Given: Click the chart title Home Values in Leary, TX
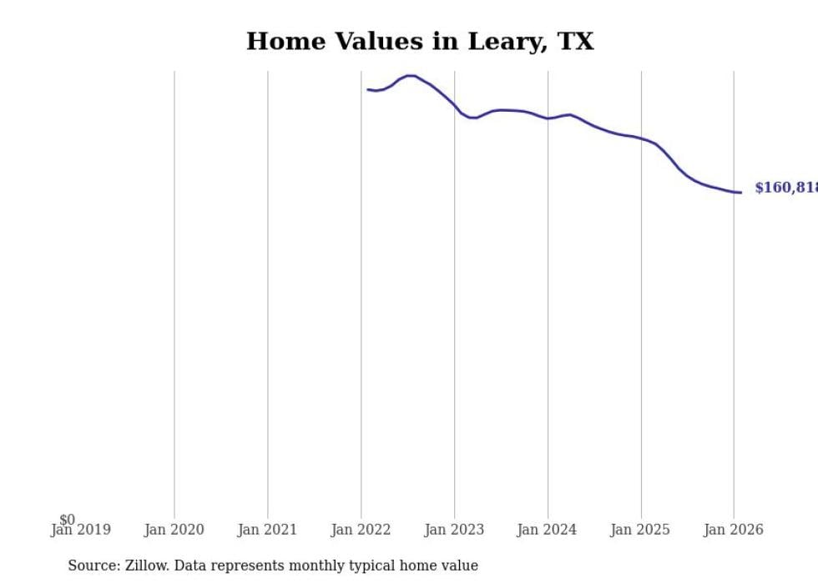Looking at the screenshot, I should tap(420, 42).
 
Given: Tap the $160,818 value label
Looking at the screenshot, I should tap(785, 188).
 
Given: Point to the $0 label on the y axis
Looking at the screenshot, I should tap(67, 520).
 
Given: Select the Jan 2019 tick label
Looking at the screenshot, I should tap(81, 530).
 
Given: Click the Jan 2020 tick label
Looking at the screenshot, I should tap(174, 530).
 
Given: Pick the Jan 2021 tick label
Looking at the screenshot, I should tap(267, 530).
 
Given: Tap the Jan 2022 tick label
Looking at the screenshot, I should tap(361, 530).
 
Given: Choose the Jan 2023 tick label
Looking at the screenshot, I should tap(454, 530).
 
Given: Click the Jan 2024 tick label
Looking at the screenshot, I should tap(547, 530).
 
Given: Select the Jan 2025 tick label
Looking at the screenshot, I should tap(640, 530).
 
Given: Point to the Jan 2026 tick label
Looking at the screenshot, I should tap(733, 530).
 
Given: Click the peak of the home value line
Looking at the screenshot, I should tap(410, 76).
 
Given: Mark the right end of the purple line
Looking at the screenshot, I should tap(740, 193).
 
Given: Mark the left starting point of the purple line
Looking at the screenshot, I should tap(368, 89).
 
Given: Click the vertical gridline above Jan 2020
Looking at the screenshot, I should tap(174, 292).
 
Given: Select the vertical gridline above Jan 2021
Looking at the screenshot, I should tap(268, 292).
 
